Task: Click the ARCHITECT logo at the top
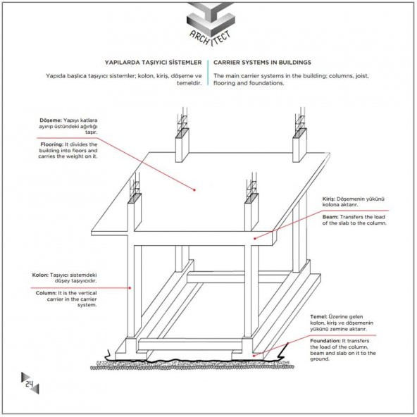pos(211,25)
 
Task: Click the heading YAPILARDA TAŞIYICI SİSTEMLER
pos(153,63)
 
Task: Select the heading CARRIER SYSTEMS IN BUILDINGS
pos(262,63)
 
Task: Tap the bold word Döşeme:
pos(51,120)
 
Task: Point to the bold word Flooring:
pos(52,144)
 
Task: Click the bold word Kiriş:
pos(329,199)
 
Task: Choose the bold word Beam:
pos(330,217)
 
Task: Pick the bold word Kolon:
pos(40,275)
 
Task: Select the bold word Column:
pos(46,293)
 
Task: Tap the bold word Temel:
pos(318,317)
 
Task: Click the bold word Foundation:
pos(325,341)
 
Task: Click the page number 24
pos(30,384)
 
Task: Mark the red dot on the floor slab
pos(194,190)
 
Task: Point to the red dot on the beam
pos(255,239)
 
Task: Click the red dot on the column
pos(130,288)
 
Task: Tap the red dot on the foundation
pos(254,355)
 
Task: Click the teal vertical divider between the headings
pos(208,73)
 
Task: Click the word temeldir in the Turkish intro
pos(189,83)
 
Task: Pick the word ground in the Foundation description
pos(320,359)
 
